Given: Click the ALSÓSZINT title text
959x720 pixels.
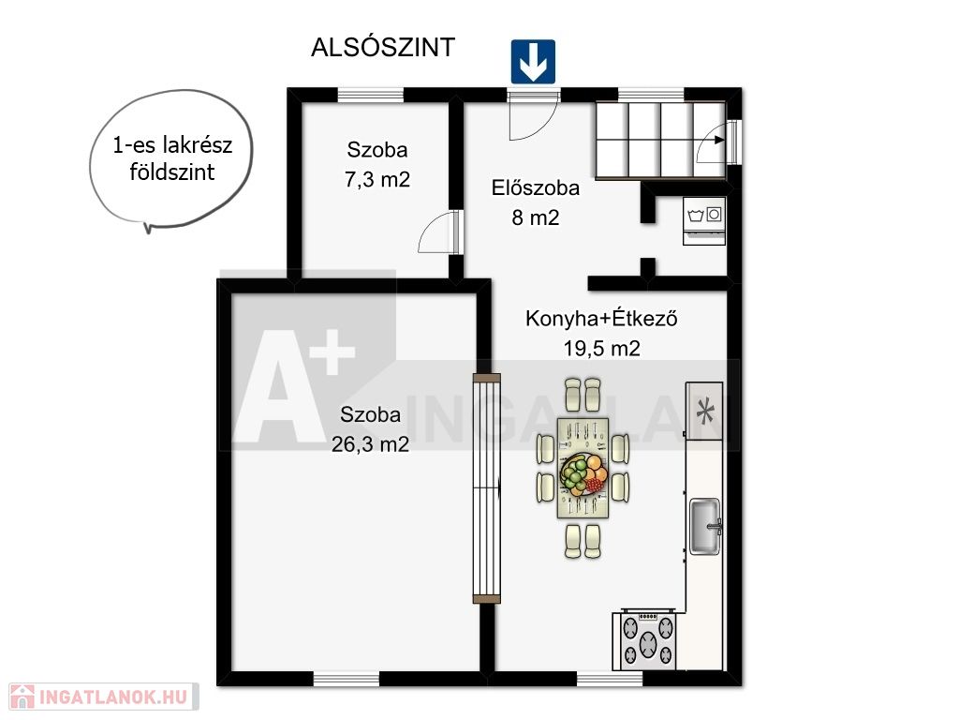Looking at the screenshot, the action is tap(383, 48).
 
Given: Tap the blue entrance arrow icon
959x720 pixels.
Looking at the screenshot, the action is tap(533, 62).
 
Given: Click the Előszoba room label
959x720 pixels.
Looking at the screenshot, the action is tap(535, 187).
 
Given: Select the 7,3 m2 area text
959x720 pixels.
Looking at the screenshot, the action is tap(377, 180).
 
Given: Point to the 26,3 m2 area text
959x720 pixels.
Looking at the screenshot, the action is tap(370, 443).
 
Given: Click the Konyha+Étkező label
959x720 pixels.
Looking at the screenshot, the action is tap(601, 319).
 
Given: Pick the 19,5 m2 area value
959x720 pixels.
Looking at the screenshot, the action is tap(601, 349).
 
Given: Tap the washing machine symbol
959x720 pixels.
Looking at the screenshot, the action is tap(704, 221).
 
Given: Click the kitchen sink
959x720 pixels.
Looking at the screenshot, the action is tap(705, 527).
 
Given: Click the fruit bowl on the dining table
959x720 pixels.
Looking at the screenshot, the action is tap(583, 474).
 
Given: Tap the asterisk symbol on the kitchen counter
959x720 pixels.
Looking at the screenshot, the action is tap(704, 411).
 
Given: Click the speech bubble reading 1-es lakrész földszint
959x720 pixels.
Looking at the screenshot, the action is tap(171, 159).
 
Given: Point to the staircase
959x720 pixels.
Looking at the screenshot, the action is tap(660, 141).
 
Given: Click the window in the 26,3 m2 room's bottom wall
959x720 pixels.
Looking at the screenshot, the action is tap(347, 679).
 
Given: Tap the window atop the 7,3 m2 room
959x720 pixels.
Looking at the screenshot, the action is tap(371, 95).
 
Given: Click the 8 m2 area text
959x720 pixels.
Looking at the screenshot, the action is tap(535, 217).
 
